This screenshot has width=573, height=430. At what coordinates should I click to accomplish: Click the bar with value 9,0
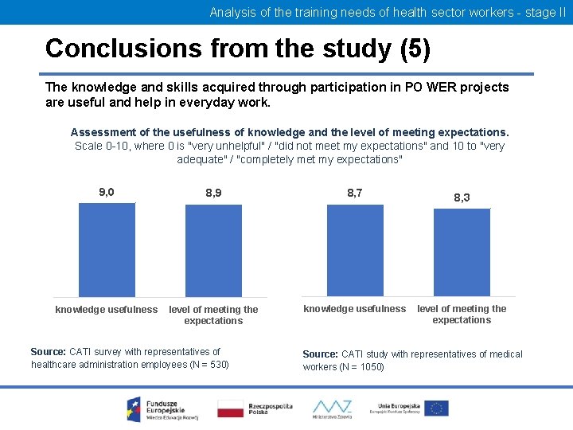coord(107,250)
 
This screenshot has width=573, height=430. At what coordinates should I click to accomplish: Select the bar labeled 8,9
coord(213,251)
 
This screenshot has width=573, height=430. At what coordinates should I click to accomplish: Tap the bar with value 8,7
coord(355,250)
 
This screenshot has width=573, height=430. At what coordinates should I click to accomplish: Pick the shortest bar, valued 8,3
coord(462,252)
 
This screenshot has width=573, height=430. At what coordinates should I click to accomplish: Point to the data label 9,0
coord(107,192)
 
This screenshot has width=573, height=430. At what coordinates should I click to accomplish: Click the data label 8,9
coord(213,193)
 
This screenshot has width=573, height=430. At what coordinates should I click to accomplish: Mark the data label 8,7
coord(355,192)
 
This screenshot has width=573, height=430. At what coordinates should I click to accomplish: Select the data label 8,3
coord(462,197)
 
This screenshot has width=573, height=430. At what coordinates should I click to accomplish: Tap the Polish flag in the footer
coord(230,408)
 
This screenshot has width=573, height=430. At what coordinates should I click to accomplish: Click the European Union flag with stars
coord(435,408)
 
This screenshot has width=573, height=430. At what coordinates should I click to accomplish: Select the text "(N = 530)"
coord(205,365)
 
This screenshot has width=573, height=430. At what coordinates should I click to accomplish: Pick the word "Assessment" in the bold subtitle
coord(103,132)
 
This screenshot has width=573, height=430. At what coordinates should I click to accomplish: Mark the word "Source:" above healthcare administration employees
coord(49,351)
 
